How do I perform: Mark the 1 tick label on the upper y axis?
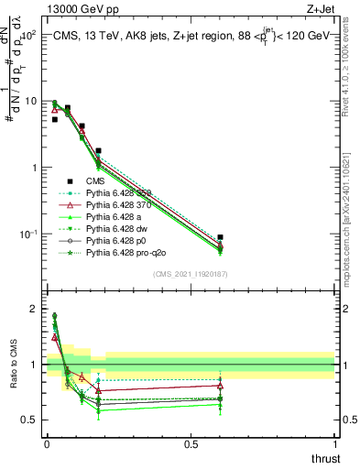[34, 168]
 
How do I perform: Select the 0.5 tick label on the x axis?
[191, 444]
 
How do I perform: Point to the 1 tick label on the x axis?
[334, 444]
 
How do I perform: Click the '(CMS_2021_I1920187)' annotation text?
[191, 274]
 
